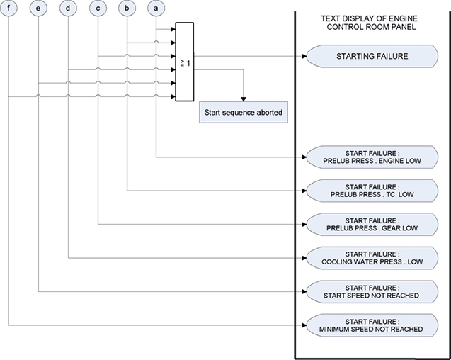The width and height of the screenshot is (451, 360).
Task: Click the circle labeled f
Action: (8, 9)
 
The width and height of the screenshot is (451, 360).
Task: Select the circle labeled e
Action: (38, 9)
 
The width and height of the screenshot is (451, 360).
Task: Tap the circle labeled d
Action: (69, 9)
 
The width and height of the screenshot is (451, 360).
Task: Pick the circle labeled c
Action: (98, 9)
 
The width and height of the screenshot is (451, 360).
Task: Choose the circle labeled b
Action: (127, 9)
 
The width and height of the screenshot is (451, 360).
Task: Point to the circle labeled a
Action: (156, 9)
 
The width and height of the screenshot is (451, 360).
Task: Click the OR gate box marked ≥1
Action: (184, 62)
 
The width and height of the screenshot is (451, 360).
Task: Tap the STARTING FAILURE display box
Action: (371, 56)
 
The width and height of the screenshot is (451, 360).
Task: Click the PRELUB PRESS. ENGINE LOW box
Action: (371, 157)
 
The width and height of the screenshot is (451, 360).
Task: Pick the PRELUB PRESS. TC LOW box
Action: (371, 190)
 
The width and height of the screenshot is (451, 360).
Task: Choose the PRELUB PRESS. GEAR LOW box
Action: (371, 224)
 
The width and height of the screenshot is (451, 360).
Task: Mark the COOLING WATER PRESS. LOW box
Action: (371, 257)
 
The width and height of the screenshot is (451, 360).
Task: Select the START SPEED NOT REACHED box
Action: (371, 291)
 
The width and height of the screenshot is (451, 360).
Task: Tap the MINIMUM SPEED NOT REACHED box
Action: (371, 325)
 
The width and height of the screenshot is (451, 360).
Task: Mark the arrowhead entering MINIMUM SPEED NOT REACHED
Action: (304, 325)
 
